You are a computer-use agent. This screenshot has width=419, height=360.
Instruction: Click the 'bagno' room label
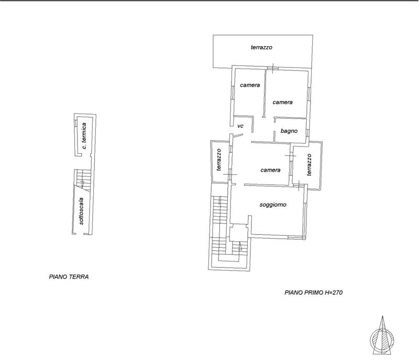[289, 131]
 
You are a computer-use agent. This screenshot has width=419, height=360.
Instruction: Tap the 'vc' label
[240, 126]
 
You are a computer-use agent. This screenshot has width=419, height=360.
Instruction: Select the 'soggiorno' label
[273, 205]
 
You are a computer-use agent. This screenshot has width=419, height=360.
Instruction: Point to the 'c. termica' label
[84, 136]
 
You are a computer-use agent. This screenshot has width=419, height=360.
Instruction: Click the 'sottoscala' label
[81, 211]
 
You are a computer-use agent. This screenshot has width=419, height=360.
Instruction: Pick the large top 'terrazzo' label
[261, 47]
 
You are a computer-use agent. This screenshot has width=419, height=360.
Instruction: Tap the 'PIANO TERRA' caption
[69, 277]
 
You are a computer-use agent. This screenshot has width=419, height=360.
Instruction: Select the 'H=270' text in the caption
[334, 292]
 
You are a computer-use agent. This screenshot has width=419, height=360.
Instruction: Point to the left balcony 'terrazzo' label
[219, 160]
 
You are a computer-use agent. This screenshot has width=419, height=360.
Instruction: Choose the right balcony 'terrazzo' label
[309, 164]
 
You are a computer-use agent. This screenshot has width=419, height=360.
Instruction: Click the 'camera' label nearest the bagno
[282, 102]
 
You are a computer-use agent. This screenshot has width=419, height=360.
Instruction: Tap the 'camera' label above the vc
[250, 85]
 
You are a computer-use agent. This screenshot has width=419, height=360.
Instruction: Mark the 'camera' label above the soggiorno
[270, 170]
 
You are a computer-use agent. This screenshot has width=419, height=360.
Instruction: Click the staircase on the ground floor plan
[83, 181]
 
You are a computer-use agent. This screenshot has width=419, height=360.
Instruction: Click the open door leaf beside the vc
[238, 136]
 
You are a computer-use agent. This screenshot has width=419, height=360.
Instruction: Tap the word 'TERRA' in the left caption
[79, 277]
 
